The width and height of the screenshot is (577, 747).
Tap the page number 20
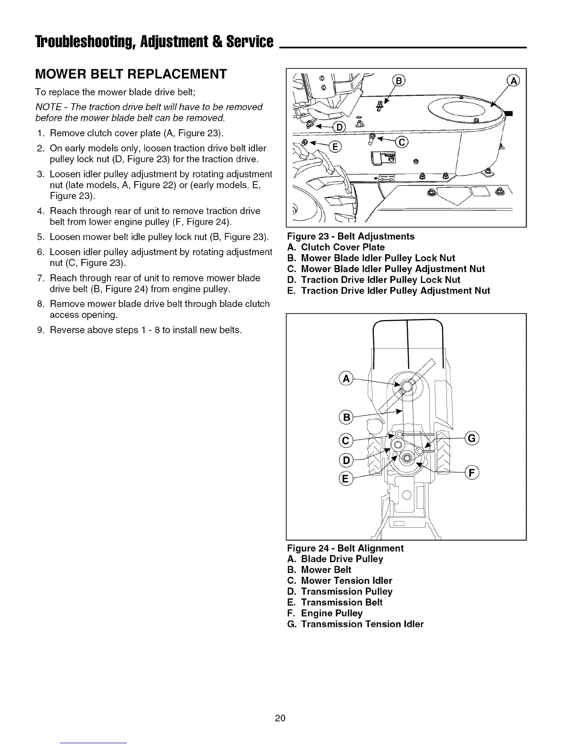click(280, 718)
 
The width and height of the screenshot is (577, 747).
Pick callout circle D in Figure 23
click(339, 127)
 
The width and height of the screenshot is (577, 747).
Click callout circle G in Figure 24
click(472, 438)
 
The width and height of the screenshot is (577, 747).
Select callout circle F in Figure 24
click(472, 472)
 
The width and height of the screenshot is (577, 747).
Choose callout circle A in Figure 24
click(346, 379)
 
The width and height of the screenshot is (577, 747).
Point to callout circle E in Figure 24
click(346, 479)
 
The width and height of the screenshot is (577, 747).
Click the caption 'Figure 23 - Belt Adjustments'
click(351, 236)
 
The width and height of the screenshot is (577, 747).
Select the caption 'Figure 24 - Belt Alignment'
click(346, 548)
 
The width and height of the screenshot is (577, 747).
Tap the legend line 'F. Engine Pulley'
click(325, 613)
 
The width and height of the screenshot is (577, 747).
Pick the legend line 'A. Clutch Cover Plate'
click(336, 247)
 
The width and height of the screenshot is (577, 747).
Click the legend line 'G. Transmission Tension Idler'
click(355, 624)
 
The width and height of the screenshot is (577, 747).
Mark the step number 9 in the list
click(40, 330)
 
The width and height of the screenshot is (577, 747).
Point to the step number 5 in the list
click(40, 236)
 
